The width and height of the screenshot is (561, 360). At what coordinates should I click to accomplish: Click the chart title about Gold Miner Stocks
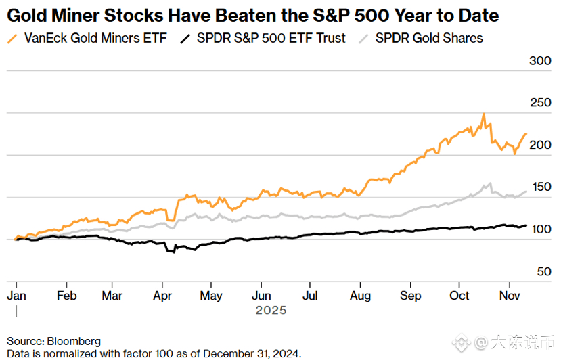click(x=252, y=15)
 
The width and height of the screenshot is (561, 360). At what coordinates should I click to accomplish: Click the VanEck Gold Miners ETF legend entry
click(x=95, y=38)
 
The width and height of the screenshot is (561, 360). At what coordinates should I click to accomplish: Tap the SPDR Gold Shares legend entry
click(x=429, y=38)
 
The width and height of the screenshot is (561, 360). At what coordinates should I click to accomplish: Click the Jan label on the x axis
click(x=16, y=296)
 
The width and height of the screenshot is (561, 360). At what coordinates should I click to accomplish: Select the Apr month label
click(x=162, y=296)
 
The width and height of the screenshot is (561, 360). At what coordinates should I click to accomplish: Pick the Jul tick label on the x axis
click(x=310, y=296)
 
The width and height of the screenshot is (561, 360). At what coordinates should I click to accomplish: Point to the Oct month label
click(x=460, y=296)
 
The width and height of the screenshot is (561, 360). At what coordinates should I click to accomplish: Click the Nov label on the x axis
click(x=509, y=296)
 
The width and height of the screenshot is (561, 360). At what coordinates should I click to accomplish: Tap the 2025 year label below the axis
click(x=271, y=310)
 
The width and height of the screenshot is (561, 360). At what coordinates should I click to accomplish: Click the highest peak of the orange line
click(x=483, y=114)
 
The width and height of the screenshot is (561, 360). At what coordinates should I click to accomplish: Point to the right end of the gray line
click(x=526, y=192)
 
